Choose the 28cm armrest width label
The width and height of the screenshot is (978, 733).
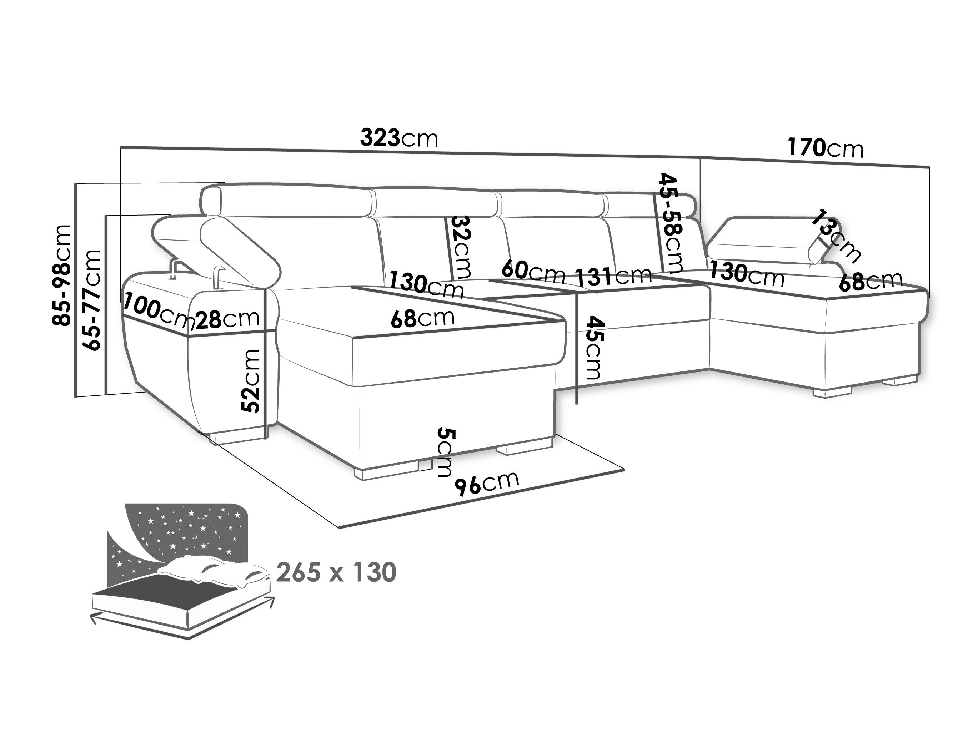228,319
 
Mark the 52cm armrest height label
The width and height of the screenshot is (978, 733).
251,381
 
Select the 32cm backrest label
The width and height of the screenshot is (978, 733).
460,247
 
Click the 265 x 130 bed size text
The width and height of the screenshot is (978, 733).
336,573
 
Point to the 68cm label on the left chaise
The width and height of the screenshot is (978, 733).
423,318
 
